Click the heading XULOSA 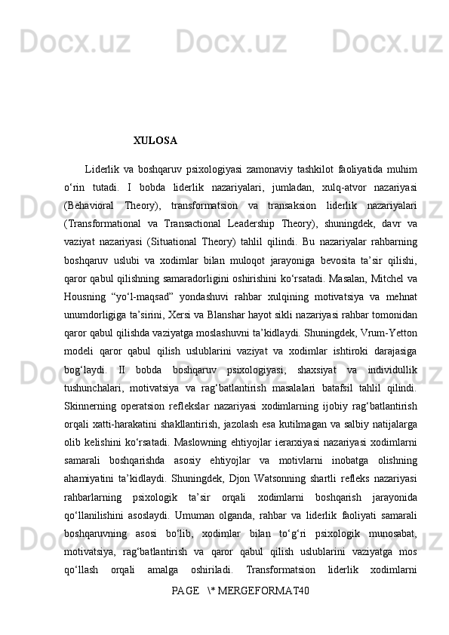click(x=155, y=141)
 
